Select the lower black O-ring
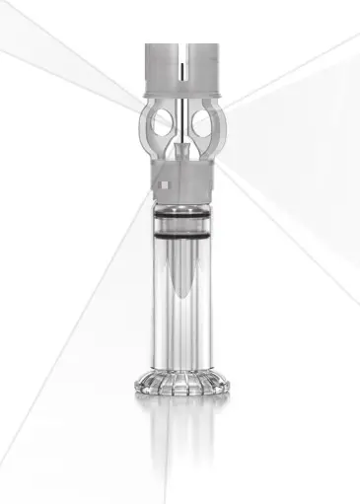coord(182,237)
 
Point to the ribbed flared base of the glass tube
coord(182,383)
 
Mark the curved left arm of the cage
coord(148,123)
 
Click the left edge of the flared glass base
coord(139,385)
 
